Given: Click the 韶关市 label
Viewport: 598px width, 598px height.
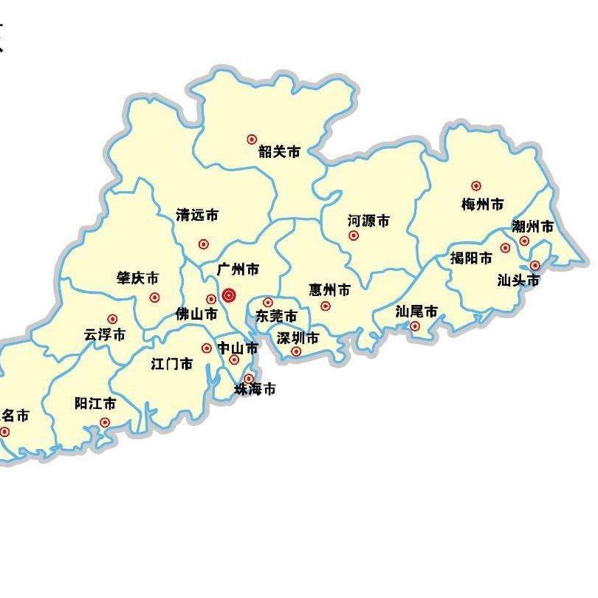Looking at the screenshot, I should (279, 152).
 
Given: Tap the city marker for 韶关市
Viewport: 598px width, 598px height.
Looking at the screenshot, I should (252, 139).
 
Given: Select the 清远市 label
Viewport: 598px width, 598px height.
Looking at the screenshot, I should (197, 216).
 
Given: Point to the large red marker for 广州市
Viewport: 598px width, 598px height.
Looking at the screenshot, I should (229, 295).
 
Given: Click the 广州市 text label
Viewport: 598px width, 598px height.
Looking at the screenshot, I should (238, 270).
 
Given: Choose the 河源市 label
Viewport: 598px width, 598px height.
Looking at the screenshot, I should (368, 221).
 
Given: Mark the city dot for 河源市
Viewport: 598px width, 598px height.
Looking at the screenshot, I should (354, 236).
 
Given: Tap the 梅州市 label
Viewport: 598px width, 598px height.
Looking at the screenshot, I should (483, 205).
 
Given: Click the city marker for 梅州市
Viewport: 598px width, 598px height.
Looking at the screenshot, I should (476, 186).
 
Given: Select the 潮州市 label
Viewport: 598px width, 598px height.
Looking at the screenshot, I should (532, 227).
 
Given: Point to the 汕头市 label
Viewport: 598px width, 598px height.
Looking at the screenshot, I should (518, 281).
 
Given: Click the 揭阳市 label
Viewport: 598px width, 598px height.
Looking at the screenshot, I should (471, 258).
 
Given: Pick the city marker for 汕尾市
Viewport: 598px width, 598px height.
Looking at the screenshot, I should (415, 326).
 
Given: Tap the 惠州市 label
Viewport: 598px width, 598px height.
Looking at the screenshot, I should (329, 289).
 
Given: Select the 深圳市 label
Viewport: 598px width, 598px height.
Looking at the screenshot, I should (298, 338).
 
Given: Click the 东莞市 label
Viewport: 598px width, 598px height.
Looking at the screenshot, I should (276, 317).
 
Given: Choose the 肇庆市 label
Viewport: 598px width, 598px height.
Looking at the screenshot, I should (137, 278).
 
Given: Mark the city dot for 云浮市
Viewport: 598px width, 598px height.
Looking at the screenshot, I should (112, 319).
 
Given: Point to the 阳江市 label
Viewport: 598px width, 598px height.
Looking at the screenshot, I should (95, 404).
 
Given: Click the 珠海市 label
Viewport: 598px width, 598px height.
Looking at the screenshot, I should (255, 389).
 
